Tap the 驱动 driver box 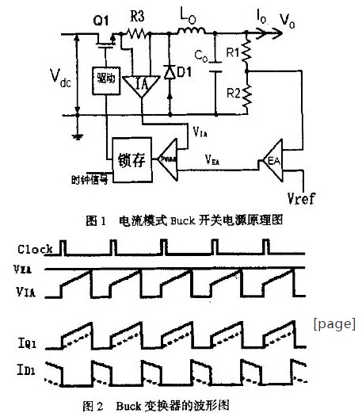(x=105, y=83)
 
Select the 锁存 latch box (x=129, y=151)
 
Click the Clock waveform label (x=35, y=250)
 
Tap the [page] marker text (x=334, y=323)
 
